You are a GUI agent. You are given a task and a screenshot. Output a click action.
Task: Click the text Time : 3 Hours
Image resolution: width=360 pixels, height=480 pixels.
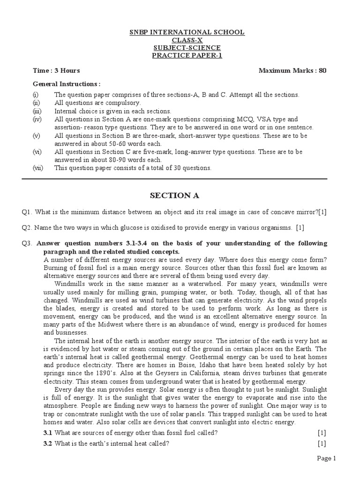point(56,71)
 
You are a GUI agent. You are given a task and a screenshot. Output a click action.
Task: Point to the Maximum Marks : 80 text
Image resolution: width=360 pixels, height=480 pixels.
point(292,71)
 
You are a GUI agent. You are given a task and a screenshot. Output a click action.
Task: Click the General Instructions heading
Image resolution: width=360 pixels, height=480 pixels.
point(66,84)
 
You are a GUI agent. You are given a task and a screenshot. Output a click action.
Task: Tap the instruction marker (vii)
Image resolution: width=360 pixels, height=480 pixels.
point(38,168)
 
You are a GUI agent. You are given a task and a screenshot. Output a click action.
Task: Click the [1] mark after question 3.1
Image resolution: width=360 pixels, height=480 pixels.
point(322,432)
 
